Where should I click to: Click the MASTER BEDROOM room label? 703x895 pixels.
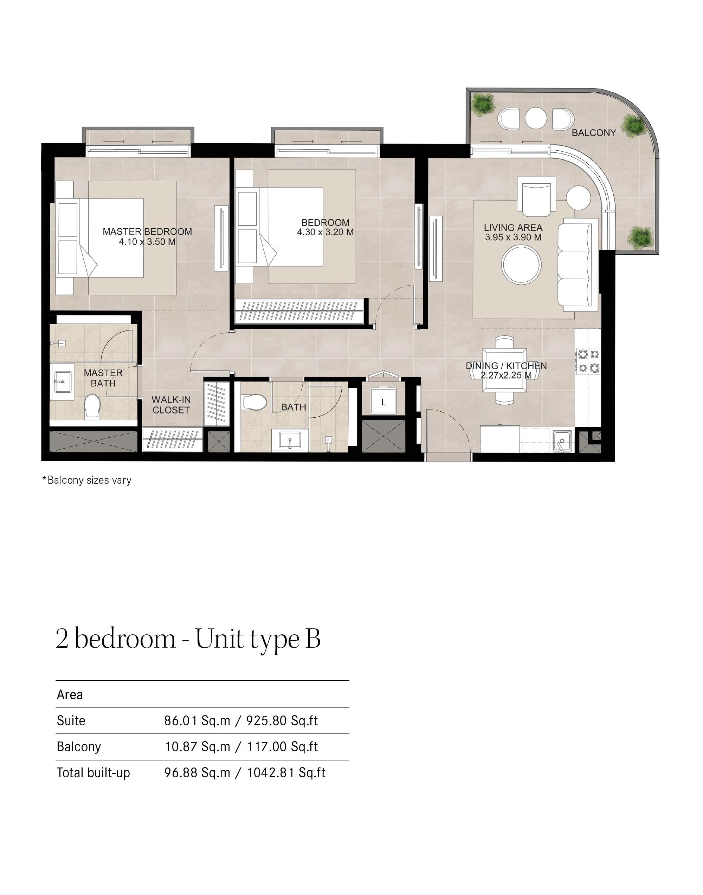click(x=147, y=231)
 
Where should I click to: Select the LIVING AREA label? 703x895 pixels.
click(x=513, y=228)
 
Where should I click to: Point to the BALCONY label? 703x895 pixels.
click(x=594, y=133)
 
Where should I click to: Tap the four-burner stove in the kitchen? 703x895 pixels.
click(x=588, y=361)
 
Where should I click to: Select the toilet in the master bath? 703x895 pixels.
click(x=92, y=406)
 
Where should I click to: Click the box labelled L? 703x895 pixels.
click(x=383, y=402)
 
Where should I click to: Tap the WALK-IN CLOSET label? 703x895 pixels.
click(x=171, y=405)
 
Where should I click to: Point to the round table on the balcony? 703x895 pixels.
click(x=535, y=118)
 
